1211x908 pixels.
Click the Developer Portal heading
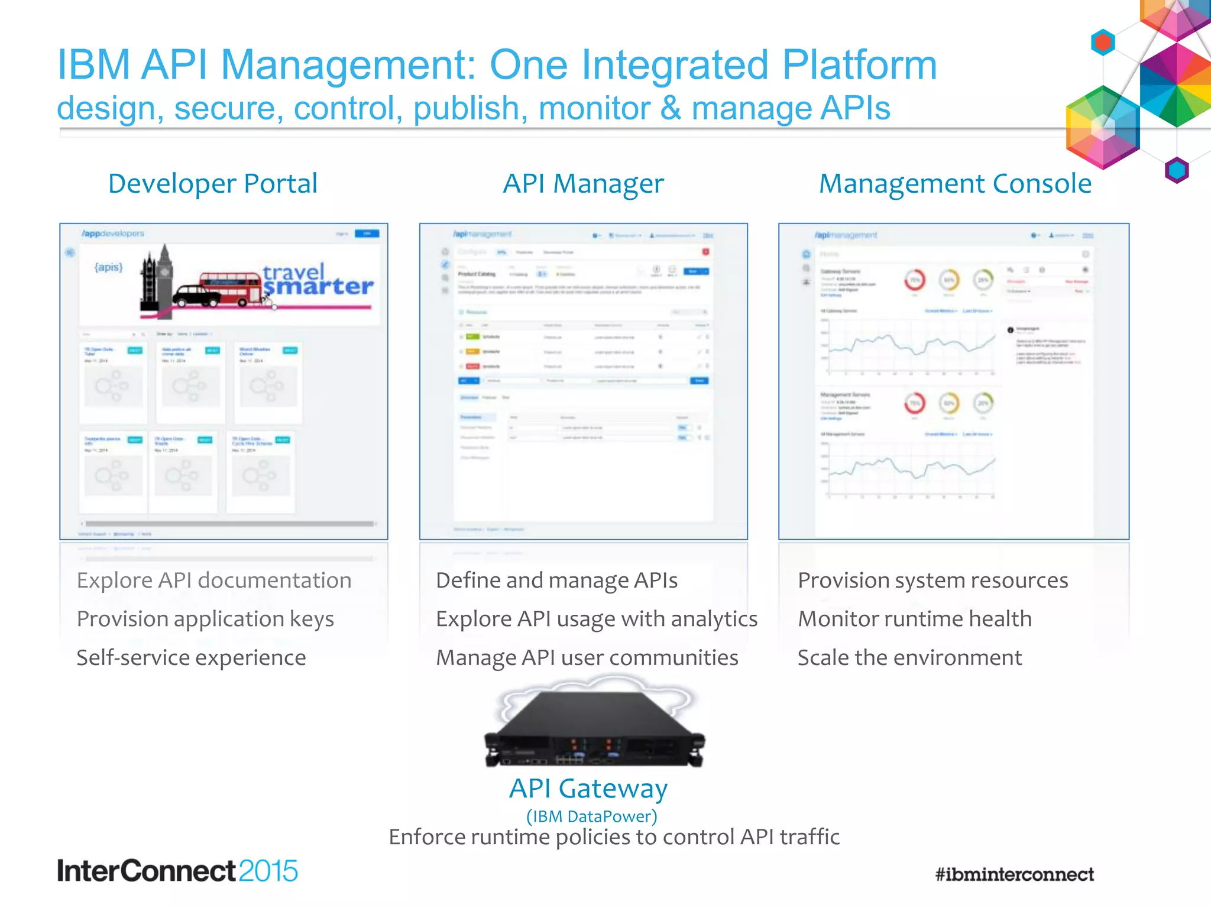(x=213, y=184)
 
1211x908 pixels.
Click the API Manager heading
(x=583, y=184)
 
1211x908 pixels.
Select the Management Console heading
(x=954, y=184)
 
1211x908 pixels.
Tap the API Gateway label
(x=588, y=788)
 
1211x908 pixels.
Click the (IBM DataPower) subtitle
(x=591, y=816)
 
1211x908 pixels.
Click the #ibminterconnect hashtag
(x=1014, y=874)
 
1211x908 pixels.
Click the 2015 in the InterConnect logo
(x=268, y=871)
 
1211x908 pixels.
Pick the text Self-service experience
(x=191, y=657)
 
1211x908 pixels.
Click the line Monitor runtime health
(x=914, y=619)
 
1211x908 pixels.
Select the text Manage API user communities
(x=587, y=657)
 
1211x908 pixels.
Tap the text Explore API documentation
(x=213, y=581)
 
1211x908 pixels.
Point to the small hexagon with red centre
(x=1103, y=43)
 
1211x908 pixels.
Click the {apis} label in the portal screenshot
(x=109, y=267)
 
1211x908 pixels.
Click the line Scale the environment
(x=909, y=657)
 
